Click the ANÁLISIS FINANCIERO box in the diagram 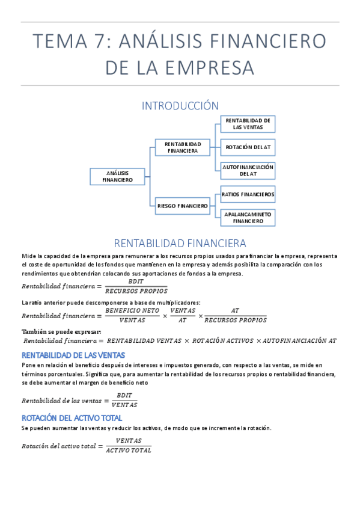[x=117, y=176]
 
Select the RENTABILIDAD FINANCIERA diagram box [x=183, y=147]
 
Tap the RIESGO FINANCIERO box [x=183, y=206]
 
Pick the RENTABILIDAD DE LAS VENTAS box [x=248, y=124]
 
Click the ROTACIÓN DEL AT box [x=248, y=147]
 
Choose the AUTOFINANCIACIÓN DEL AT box [x=248, y=170]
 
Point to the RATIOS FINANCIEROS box [x=248, y=194]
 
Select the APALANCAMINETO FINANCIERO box [x=248, y=217]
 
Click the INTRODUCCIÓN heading [x=180, y=106]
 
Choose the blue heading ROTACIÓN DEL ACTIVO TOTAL [x=72, y=417]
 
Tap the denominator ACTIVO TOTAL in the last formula [x=129, y=450]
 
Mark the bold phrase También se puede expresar [x=61, y=331]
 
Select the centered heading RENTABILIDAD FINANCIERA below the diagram [x=180, y=244]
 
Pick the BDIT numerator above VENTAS [x=124, y=395]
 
